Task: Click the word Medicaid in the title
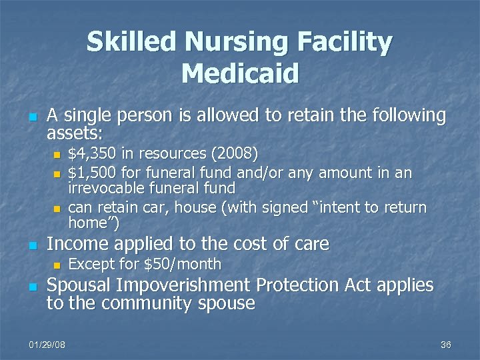tap(240, 73)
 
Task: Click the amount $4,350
tap(92, 155)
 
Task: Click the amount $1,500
tap(92, 173)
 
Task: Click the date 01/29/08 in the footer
tap(47, 344)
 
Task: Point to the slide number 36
tap(446, 344)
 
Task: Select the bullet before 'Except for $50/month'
tap(57, 265)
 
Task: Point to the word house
tap(204, 207)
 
